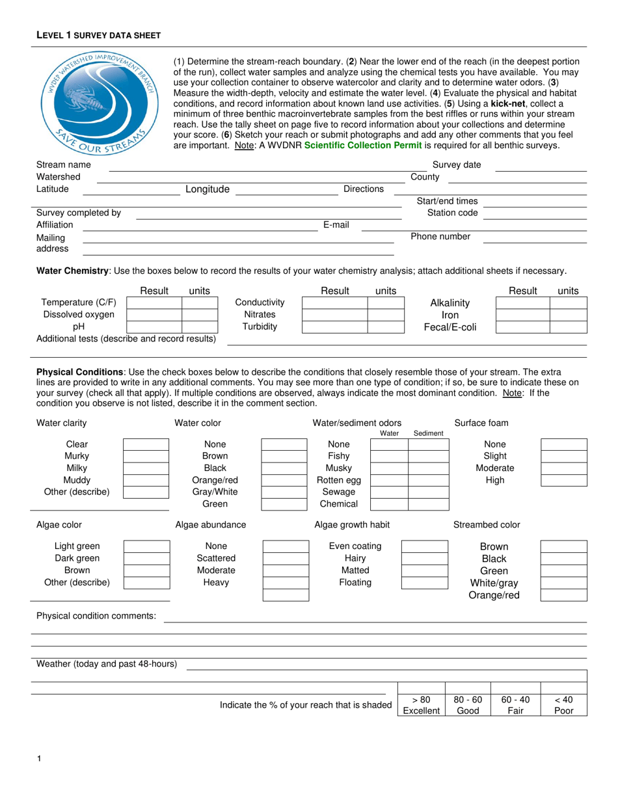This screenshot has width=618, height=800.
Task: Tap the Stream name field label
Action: pyautogui.click(x=64, y=165)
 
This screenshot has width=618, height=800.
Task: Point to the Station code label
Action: pyautogui.click(x=452, y=213)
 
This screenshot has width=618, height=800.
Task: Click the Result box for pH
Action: pyautogui.click(x=154, y=327)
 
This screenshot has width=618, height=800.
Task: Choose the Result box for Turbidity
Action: pyautogui.click(x=334, y=327)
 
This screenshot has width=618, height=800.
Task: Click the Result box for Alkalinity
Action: pyautogui.click(x=522, y=302)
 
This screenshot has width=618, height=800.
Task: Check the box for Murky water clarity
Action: pyautogui.click(x=146, y=457)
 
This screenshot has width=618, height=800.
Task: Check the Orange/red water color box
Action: pyautogui.click(x=284, y=480)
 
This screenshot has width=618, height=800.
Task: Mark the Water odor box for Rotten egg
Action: pyautogui.click(x=389, y=480)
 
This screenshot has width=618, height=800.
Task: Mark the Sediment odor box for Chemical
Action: pyautogui.click(x=427, y=504)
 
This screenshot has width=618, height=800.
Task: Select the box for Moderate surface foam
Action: pyautogui.click(x=563, y=468)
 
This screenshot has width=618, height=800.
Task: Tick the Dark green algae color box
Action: pyautogui.click(x=146, y=558)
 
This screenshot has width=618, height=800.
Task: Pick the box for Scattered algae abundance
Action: pyautogui.click(x=284, y=558)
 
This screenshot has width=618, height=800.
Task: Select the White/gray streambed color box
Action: pyautogui.click(x=563, y=583)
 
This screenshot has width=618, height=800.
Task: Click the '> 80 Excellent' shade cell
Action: pyautogui.click(x=421, y=705)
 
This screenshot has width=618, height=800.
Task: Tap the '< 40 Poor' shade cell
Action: pyautogui.click(x=564, y=705)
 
